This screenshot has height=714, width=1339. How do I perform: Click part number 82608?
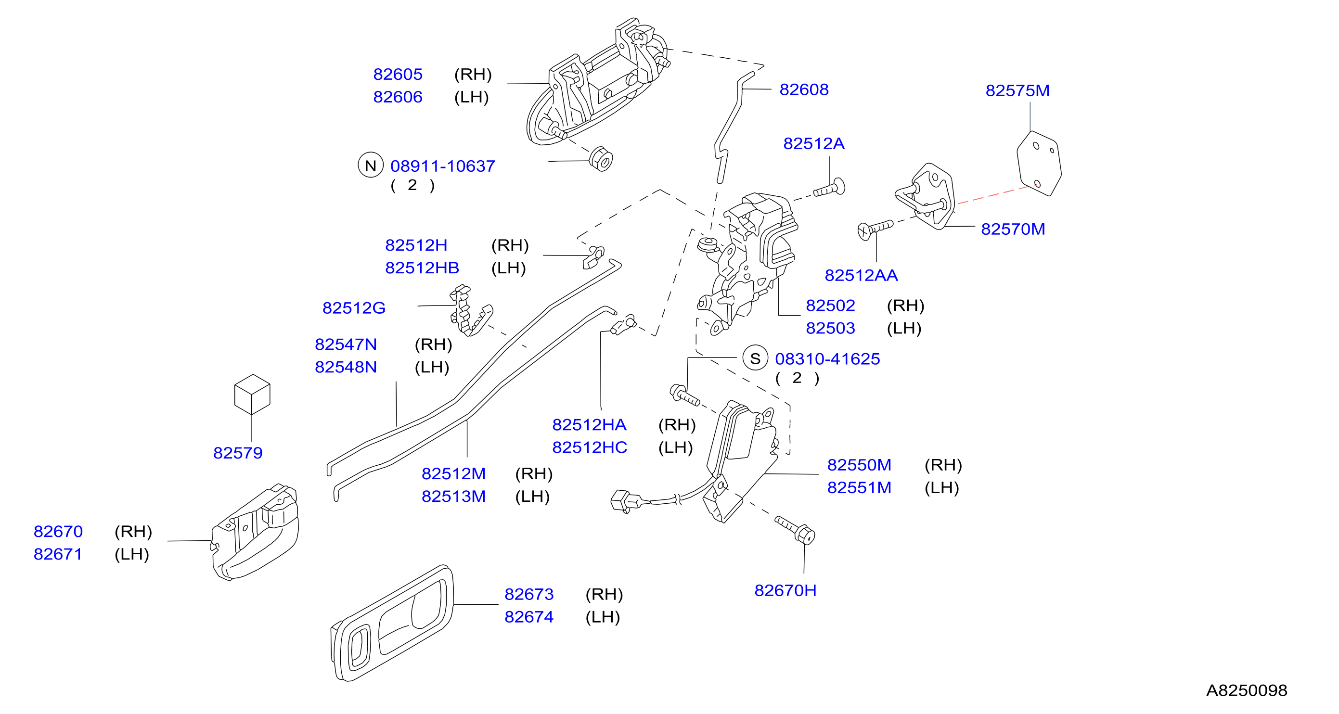[x=804, y=89]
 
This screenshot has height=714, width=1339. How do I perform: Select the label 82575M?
[x=1017, y=90]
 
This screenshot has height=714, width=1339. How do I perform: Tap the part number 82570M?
[x=1013, y=229]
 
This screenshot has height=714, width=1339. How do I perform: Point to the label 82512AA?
[x=861, y=275]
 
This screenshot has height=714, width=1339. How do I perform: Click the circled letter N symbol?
[x=370, y=165]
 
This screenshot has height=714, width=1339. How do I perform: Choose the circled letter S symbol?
[x=755, y=358]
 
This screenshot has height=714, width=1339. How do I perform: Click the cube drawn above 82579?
[x=252, y=394]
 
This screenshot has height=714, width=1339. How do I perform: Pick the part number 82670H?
[x=785, y=590]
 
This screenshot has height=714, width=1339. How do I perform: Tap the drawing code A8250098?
[x=1246, y=690]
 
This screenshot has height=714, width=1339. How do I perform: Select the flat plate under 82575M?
[x=1039, y=163]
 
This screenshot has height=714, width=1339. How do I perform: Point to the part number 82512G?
[x=353, y=307]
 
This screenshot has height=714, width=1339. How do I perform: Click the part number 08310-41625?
[x=827, y=358]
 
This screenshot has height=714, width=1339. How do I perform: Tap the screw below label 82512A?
[x=829, y=189]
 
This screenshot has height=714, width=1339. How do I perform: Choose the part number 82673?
[x=528, y=594]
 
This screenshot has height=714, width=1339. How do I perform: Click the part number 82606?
[x=398, y=97]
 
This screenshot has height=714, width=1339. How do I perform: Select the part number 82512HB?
[x=422, y=268]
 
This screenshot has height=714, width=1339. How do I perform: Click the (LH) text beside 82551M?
[x=941, y=487]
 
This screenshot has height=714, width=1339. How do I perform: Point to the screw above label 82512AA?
[x=875, y=229]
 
